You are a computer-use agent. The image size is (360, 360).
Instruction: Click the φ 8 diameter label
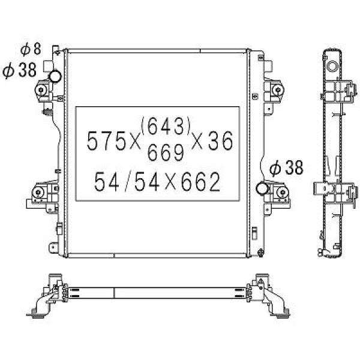[31, 49]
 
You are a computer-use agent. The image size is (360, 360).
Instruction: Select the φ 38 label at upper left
[20, 70]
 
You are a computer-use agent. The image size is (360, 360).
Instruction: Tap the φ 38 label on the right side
[286, 168]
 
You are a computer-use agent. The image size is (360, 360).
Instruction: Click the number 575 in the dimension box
[107, 141]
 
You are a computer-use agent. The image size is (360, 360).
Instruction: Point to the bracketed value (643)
[166, 126]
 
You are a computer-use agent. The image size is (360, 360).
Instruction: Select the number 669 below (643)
[166, 152]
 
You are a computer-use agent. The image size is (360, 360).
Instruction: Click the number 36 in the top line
[220, 141]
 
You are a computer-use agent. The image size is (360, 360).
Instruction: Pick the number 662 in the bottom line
[200, 182]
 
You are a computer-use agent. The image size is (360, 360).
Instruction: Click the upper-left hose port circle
[55, 76]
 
